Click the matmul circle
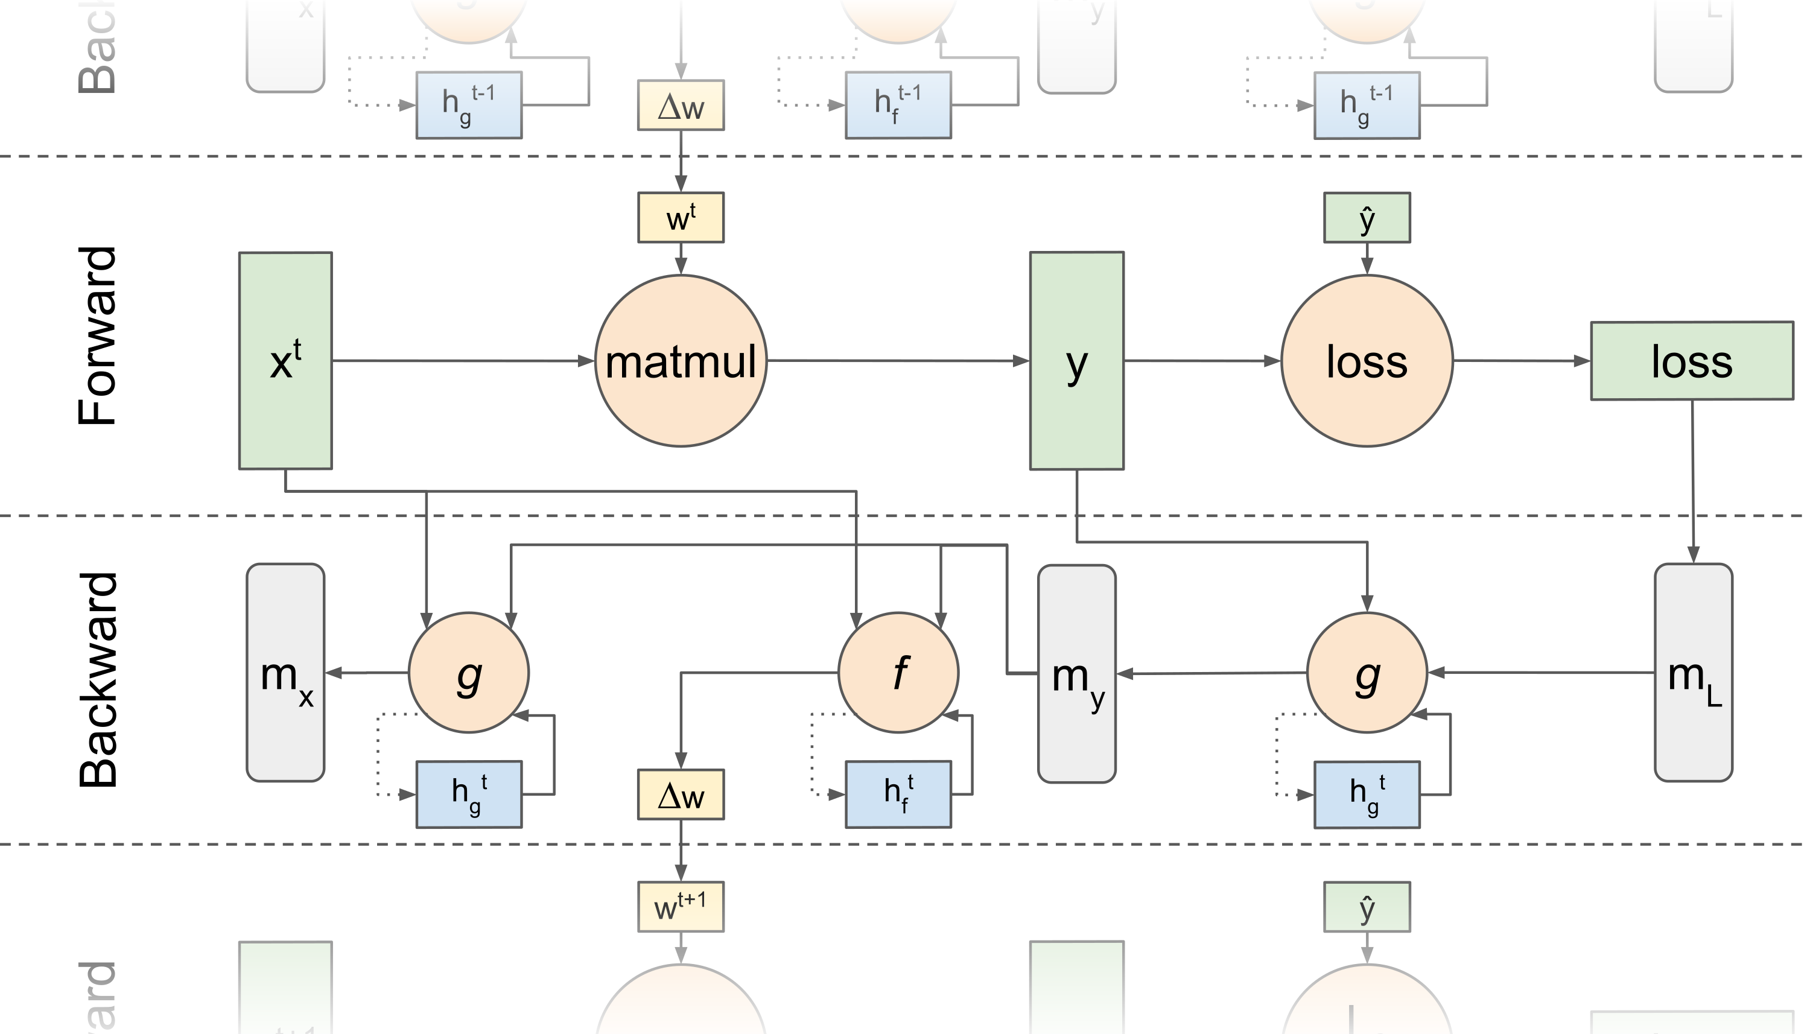click(681, 361)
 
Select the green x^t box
click(285, 361)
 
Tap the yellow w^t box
click(681, 217)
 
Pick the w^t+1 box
click(681, 907)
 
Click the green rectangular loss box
click(1691, 361)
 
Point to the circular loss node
click(1366, 361)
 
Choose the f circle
click(898, 672)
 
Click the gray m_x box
click(285, 673)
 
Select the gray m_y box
click(1076, 674)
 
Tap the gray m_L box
click(1693, 673)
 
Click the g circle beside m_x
click(468, 672)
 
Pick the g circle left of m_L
click(1366, 672)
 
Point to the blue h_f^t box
click(898, 794)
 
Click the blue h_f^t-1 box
click(898, 104)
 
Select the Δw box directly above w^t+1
click(681, 795)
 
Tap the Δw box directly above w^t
click(681, 105)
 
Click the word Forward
click(97, 336)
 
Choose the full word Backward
click(97, 680)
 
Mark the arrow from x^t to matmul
click(462, 361)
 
